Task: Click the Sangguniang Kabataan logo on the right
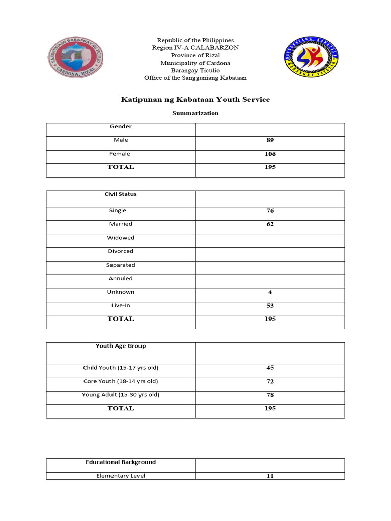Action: point(310,57)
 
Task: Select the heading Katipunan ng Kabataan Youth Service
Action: point(195,99)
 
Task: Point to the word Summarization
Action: point(195,113)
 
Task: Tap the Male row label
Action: point(121,140)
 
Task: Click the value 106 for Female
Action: point(270,154)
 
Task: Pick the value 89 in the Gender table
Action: point(270,140)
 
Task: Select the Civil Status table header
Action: point(121,194)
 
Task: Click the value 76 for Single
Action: point(270,211)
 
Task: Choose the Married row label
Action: point(121,224)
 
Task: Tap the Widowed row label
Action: point(121,238)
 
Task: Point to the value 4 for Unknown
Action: point(270,292)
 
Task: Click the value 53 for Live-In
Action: point(270,306)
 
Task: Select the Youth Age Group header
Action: point(121,346)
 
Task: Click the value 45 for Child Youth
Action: point(270,368)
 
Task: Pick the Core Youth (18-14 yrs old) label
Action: point(121,381)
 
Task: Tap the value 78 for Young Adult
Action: point(270,395)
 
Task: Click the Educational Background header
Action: point(121,462)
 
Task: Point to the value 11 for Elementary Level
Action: point(270,476)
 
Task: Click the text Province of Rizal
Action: point(195,55)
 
